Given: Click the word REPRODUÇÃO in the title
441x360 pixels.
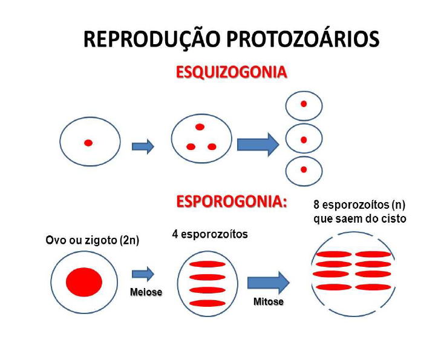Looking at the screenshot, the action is click(152, 39).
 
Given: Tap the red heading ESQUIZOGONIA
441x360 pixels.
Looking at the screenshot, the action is click(231, 73).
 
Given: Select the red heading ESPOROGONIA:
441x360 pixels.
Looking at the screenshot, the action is click(231, 201).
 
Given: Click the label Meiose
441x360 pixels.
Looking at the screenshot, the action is click(146, 292).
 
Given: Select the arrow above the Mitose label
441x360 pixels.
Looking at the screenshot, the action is click(269, 282).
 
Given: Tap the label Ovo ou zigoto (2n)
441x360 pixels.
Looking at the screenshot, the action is click(93, 240).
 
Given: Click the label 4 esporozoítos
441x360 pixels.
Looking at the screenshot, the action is click(210, 234).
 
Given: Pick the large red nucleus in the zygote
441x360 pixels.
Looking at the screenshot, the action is click(84, 281).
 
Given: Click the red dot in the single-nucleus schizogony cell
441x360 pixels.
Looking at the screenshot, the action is click(88, 143).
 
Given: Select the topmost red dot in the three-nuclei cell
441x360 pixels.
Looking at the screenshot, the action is click(200, 127).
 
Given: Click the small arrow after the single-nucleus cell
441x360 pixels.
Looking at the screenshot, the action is click(143, 146).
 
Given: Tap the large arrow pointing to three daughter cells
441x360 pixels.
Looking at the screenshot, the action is click(258, 145).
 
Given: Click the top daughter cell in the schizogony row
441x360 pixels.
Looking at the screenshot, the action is click(304, 105).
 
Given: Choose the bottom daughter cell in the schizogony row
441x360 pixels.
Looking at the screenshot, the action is click(304, 171).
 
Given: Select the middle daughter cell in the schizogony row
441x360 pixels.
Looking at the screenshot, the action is click(304, 139).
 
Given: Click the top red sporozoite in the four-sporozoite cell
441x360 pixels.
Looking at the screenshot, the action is click(207, 264).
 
